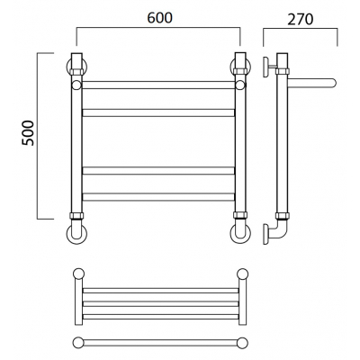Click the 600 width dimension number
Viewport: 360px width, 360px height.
click(160, 18)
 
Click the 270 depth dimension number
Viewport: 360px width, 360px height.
click(301, 20)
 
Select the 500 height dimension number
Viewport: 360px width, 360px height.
click(28, 133)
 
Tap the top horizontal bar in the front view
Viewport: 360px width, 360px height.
click(158, 85)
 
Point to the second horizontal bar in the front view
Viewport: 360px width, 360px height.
click(158, 112)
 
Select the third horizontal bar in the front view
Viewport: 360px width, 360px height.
click(158, 171)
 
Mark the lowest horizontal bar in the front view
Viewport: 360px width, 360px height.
click(158, 197)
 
